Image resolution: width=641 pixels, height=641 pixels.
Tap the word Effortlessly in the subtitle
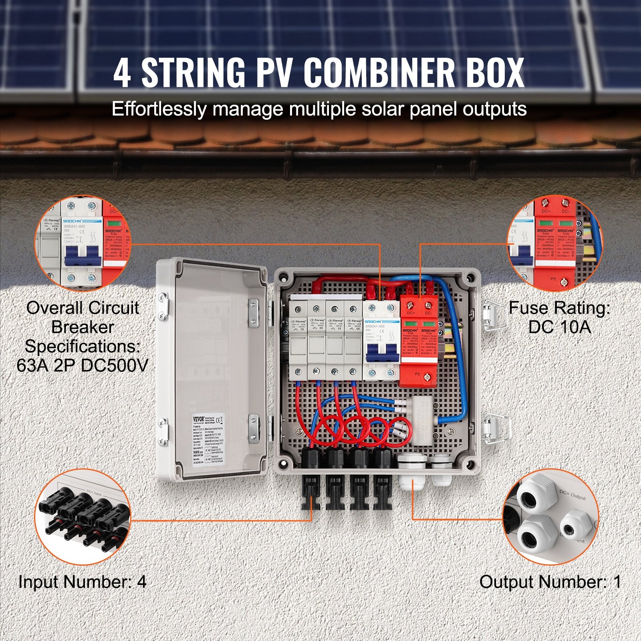coord(158,109)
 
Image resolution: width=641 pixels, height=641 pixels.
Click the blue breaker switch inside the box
coord(382,351)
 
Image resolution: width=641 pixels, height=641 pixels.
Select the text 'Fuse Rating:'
coord(559,308)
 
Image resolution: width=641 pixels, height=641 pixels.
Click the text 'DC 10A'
coord(559,327)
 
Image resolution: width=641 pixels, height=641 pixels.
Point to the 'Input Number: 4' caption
coord(83,582)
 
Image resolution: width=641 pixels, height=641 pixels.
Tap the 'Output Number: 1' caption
coord(550,582)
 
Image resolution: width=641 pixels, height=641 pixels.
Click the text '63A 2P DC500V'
coord(83,365)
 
